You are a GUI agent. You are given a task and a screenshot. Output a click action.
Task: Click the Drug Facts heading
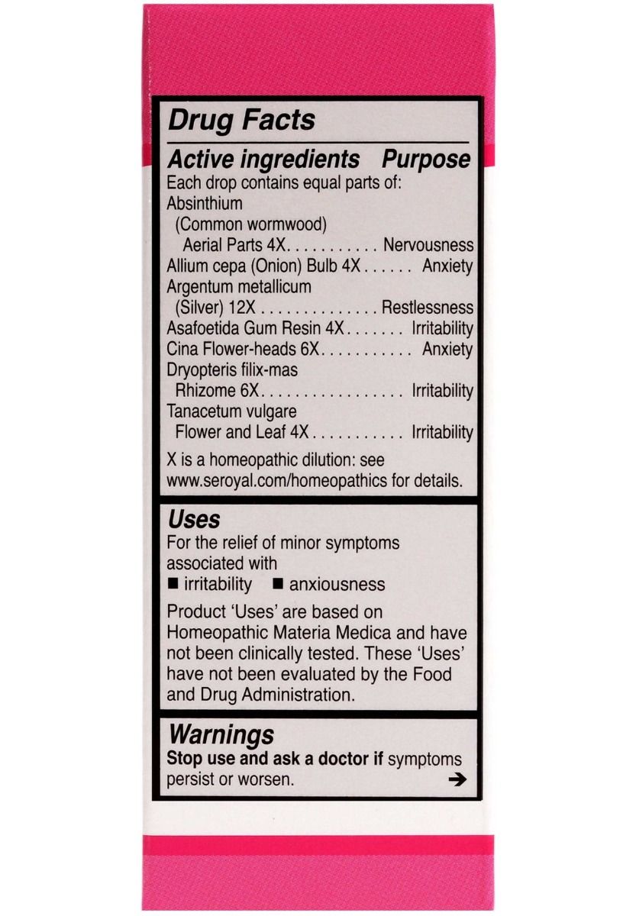(x=241, y=121)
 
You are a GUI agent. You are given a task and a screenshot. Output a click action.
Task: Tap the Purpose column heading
(x=426, y=160)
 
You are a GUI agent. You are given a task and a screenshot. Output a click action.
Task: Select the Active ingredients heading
(x=263, y=160)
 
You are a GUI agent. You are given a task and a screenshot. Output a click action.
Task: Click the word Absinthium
(x=205, y=204)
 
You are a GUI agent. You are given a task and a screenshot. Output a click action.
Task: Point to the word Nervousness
(x=428, y=246)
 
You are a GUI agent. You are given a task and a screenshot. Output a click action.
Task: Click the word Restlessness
(x=427, y=308)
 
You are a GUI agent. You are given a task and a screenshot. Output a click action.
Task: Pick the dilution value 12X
(x=232, y=308)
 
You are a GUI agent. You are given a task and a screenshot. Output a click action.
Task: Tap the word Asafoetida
(x=203, y=328)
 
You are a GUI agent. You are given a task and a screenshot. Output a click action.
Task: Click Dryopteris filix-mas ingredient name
(x=232, y=369)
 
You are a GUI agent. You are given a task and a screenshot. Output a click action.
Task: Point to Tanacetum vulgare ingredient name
(x=226, y=411)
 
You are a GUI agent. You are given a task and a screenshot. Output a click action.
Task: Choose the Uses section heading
(x=194, y=520)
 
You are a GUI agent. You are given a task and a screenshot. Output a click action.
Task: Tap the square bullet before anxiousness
(x=278, y=585)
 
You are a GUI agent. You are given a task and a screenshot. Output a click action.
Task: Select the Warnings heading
(x=221, y=735)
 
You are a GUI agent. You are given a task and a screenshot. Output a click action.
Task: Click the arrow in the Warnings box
(x=457, y=780)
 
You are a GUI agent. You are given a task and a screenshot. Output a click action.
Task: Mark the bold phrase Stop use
(x=195, y=760)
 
